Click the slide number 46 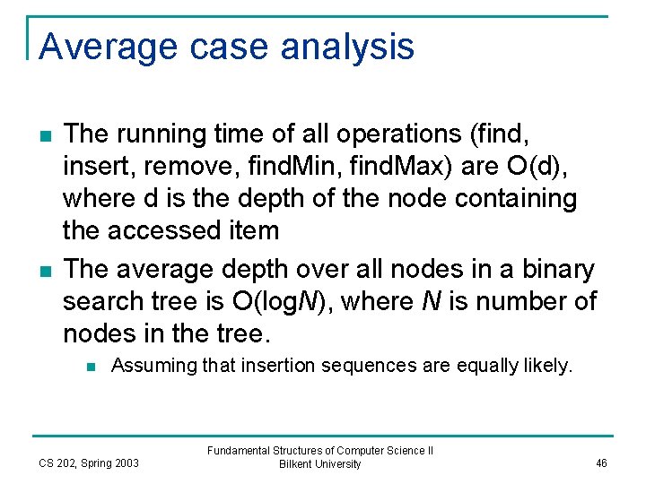tap(601, 462)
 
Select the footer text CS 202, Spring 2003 tap(89, 462)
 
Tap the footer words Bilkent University tap(319, 464)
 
